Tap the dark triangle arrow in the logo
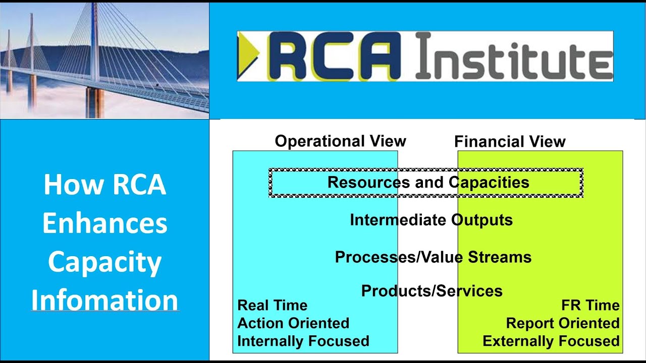[247, 56]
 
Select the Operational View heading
[340, 141]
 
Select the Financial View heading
[510, 142]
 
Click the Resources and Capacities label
[428, 182]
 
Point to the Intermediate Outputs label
[431, 220]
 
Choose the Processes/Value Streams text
[433, 257]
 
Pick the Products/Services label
[432, 291]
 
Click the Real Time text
[272, 306]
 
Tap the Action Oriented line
[293, 323]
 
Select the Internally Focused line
[303, 341]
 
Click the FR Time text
[590, 306]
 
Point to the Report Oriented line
[562, 323]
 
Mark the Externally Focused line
[551, 341]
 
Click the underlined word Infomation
[105, 300]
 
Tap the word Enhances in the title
[105, 223]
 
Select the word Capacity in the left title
[105, 262]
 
